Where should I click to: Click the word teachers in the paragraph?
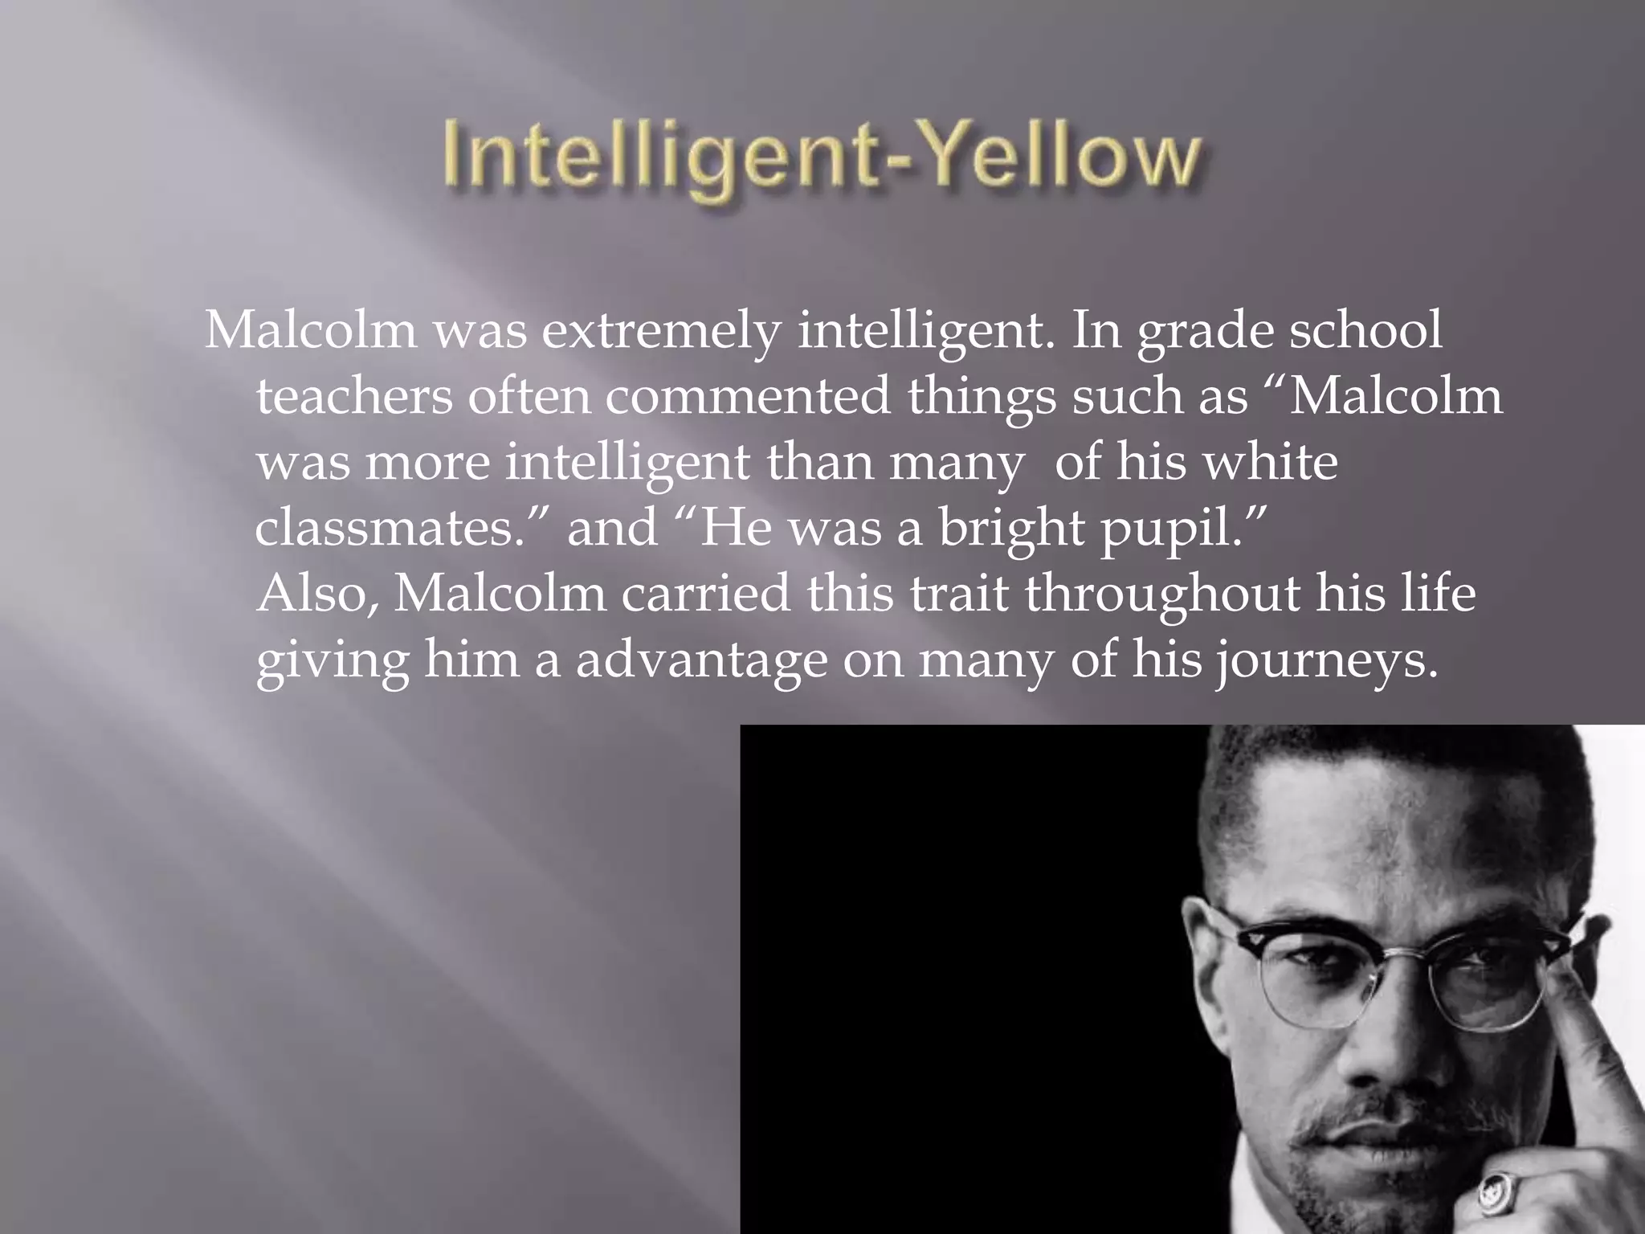point(353,396)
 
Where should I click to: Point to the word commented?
point(747,396)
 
